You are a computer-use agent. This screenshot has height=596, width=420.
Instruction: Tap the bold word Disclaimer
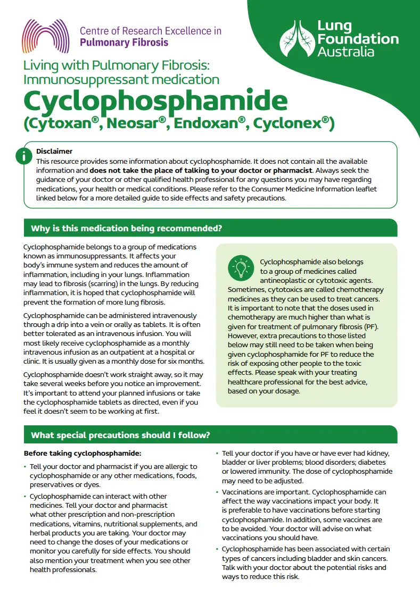coord(54,152)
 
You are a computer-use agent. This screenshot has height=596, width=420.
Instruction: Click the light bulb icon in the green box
coord(241,267)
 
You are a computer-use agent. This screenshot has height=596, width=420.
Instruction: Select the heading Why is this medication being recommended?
coord(126,229)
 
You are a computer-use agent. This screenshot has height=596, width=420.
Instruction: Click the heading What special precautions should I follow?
coord(120,435)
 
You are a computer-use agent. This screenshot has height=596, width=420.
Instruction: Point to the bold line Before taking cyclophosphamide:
coord(83,454)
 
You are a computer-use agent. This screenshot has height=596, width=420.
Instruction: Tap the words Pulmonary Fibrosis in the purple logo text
coord(124,43)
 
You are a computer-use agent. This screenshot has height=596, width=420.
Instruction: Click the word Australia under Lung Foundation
coord(345,52)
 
